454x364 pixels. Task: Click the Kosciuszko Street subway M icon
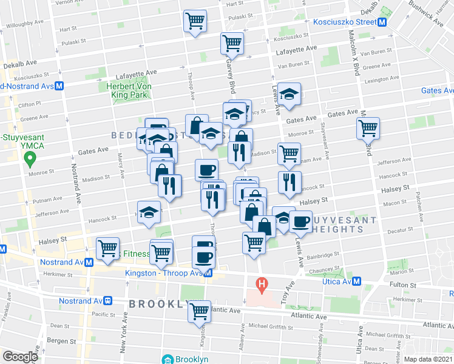pyautogui.click(x=382, y=22)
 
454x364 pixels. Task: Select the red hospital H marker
pyautogui.click(x=262, y=283)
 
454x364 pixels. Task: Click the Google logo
pyautogui.click(x=21, y=357)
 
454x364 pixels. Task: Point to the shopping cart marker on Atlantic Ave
pyautogui.click(x=199, y=311)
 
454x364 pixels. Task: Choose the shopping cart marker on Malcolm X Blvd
pyautogui.click(x=368, y=129)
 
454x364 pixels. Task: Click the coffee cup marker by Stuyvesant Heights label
pyautogui.click(x=300, y=222)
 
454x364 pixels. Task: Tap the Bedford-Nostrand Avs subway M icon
pyautogui.click(x=59, y=86)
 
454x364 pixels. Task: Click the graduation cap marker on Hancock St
pyautogui.click(x=149, y=212)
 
